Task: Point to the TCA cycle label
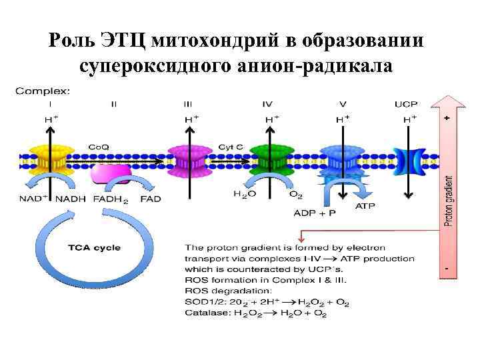pyautogui.click(x=93, y=247)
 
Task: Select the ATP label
pyautogui.click(x=365, y=206)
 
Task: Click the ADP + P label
pyautogui.click(x=315, y=213)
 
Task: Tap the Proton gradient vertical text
pyautogui.click(x=449, y=201)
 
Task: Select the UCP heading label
pyautogui.click(x=406, y=104)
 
